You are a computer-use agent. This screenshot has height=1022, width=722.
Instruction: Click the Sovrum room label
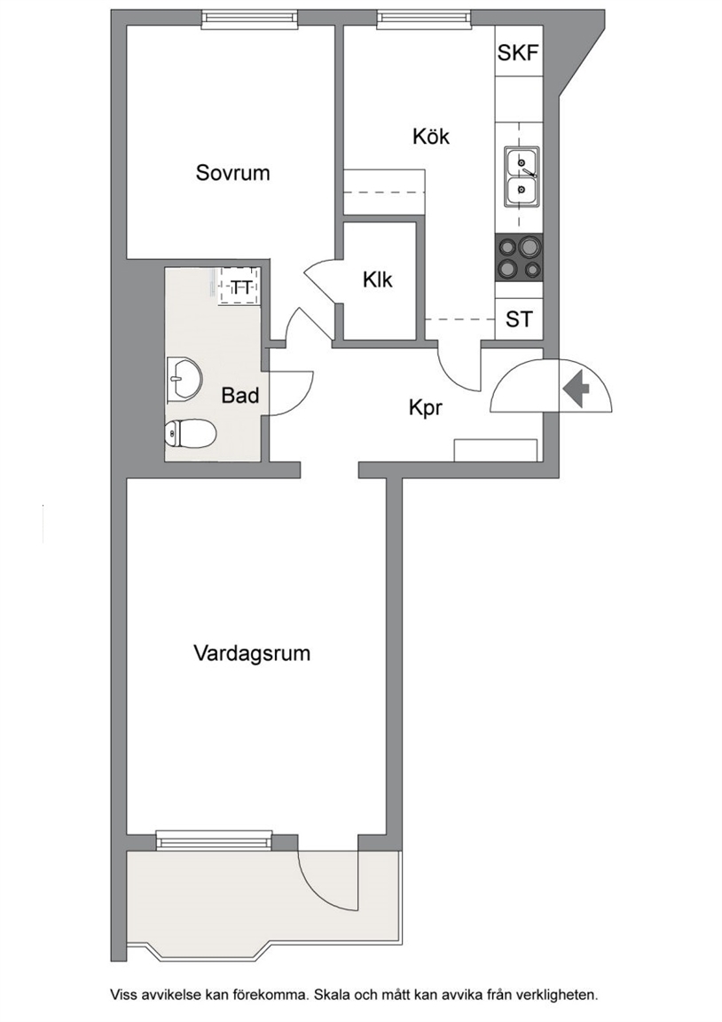pos(232,173)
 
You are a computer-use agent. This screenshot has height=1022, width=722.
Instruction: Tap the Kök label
pos(431,137)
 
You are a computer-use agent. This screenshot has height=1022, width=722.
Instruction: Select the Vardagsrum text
pos(252,654)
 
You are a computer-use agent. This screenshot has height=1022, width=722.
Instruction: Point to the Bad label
pos(239,395)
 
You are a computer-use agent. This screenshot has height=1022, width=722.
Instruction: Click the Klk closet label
pos(378,279)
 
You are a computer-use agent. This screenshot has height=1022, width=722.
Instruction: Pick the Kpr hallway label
pos(426,408)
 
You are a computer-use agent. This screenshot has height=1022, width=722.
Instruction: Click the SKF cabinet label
pos(519,52)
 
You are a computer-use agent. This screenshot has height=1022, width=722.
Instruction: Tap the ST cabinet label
pos(519,319)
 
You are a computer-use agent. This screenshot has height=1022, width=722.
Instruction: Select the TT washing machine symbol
pos(239,286)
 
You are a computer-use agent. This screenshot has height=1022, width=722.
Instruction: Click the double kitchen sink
pos(522,177)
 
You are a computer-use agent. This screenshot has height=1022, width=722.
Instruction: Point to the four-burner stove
pos(520,257)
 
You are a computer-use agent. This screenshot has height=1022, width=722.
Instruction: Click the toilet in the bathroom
pos(190,434)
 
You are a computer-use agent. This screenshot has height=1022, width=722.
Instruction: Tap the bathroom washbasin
pos(184,378)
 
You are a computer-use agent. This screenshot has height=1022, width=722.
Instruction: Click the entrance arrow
pos(576,390)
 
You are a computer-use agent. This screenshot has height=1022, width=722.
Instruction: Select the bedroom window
pos(249,20)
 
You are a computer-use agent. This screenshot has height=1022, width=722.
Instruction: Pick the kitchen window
pos(424,19)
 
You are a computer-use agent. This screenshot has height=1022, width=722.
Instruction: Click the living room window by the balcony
pos(214,840)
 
